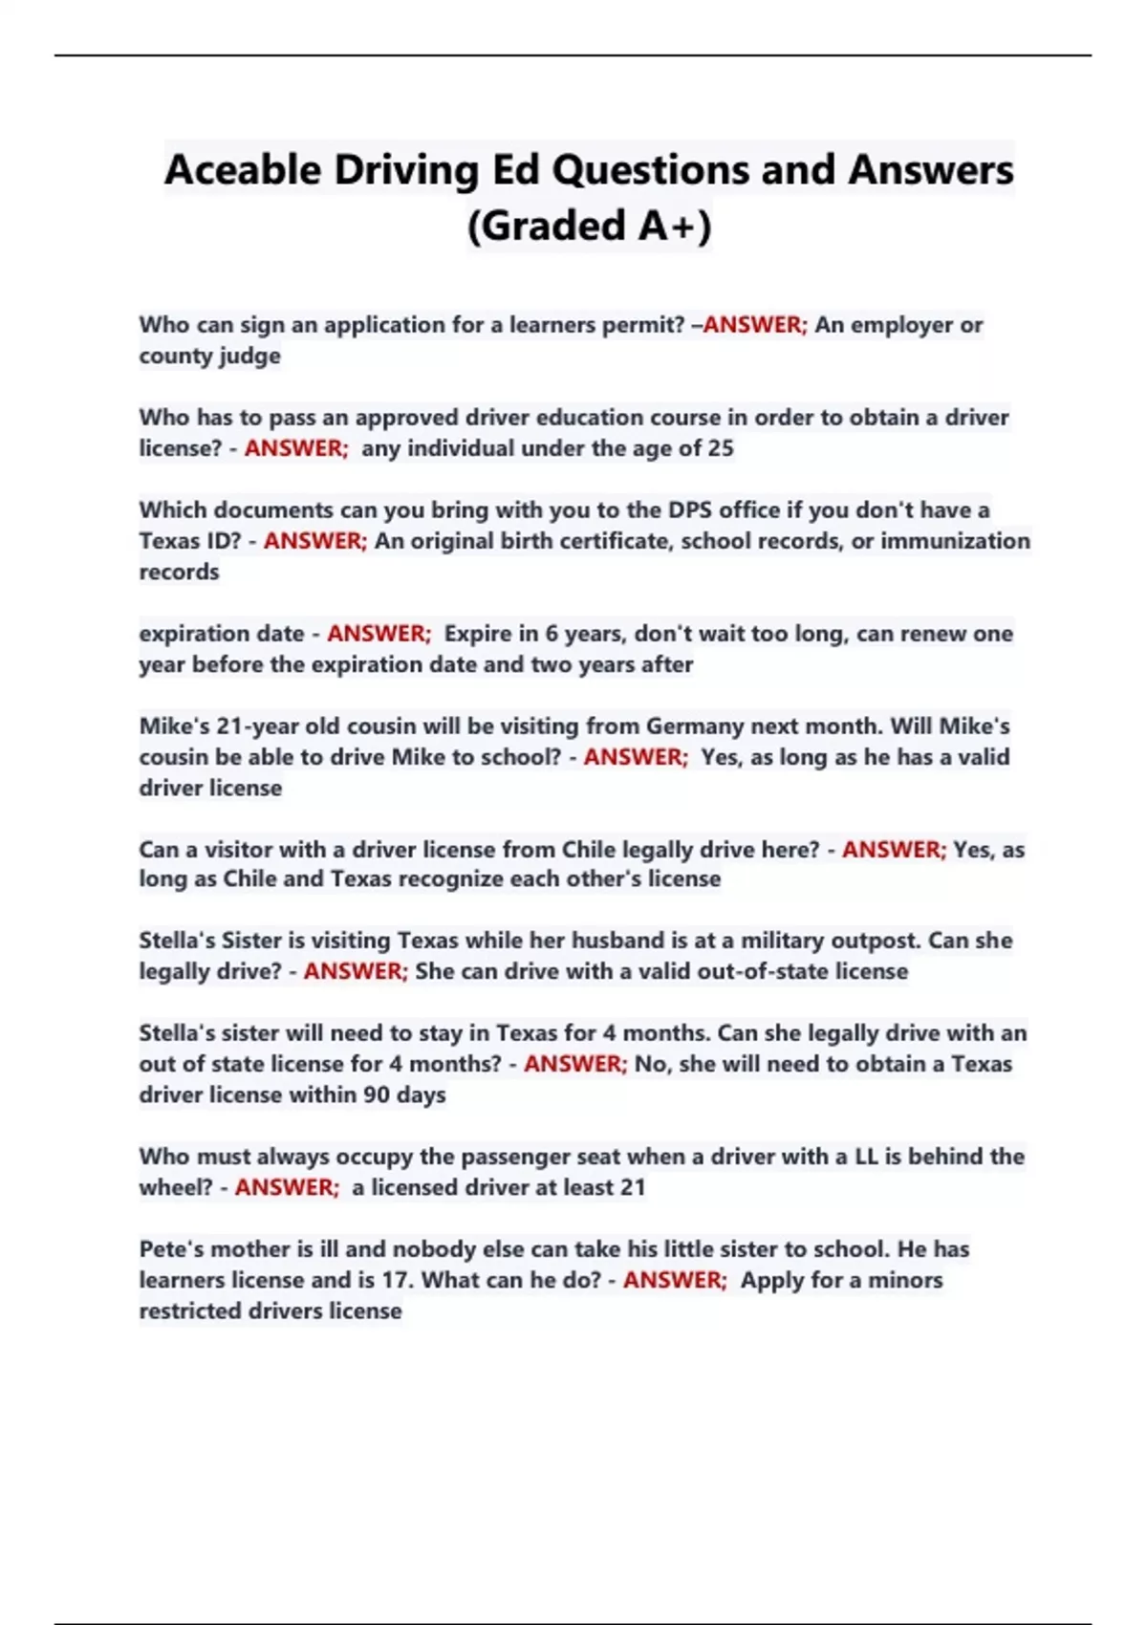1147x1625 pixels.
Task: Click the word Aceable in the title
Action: (243, 171)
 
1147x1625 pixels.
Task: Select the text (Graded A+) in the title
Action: (589, 227)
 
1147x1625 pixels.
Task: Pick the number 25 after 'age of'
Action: (721, 448)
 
